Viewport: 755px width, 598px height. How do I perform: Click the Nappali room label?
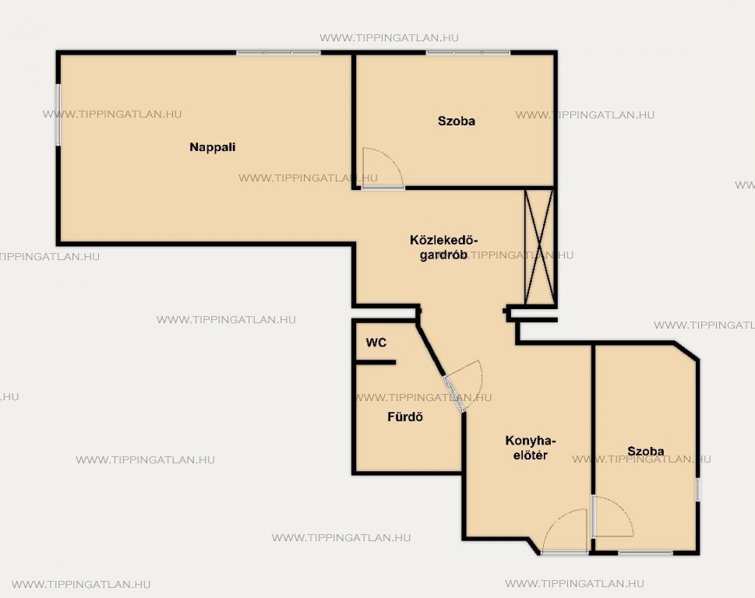[x=213, y=147]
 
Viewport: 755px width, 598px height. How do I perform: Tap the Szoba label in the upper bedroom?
[x=457, y=121]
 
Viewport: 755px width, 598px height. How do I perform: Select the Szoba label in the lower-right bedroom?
[x=646, y=452]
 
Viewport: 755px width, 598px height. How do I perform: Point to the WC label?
[x=376, y=343]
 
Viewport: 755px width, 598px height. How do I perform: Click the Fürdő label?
[x=405, y=417]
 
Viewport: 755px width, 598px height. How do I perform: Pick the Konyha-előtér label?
[x=530, y=448]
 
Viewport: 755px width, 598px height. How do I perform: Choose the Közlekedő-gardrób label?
[x=443, y=248]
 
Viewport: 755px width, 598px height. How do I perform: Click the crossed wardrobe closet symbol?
[x=539, y=247]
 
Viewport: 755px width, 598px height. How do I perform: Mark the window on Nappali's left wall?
[x=58, y=115]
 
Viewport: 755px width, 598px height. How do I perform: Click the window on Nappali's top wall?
[x=278, y=52]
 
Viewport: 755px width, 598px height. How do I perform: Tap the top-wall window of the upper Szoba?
[x=468, y=52]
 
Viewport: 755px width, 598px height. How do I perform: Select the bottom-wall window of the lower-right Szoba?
[x=645, y=554]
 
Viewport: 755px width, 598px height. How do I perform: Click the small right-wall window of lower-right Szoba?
[x=698, y=490]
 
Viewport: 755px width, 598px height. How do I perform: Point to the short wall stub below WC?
[x=375, y=362]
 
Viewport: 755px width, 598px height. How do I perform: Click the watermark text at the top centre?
[x=389, y=38]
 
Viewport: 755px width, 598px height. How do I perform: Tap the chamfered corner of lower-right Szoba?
[x=686, y=350]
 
